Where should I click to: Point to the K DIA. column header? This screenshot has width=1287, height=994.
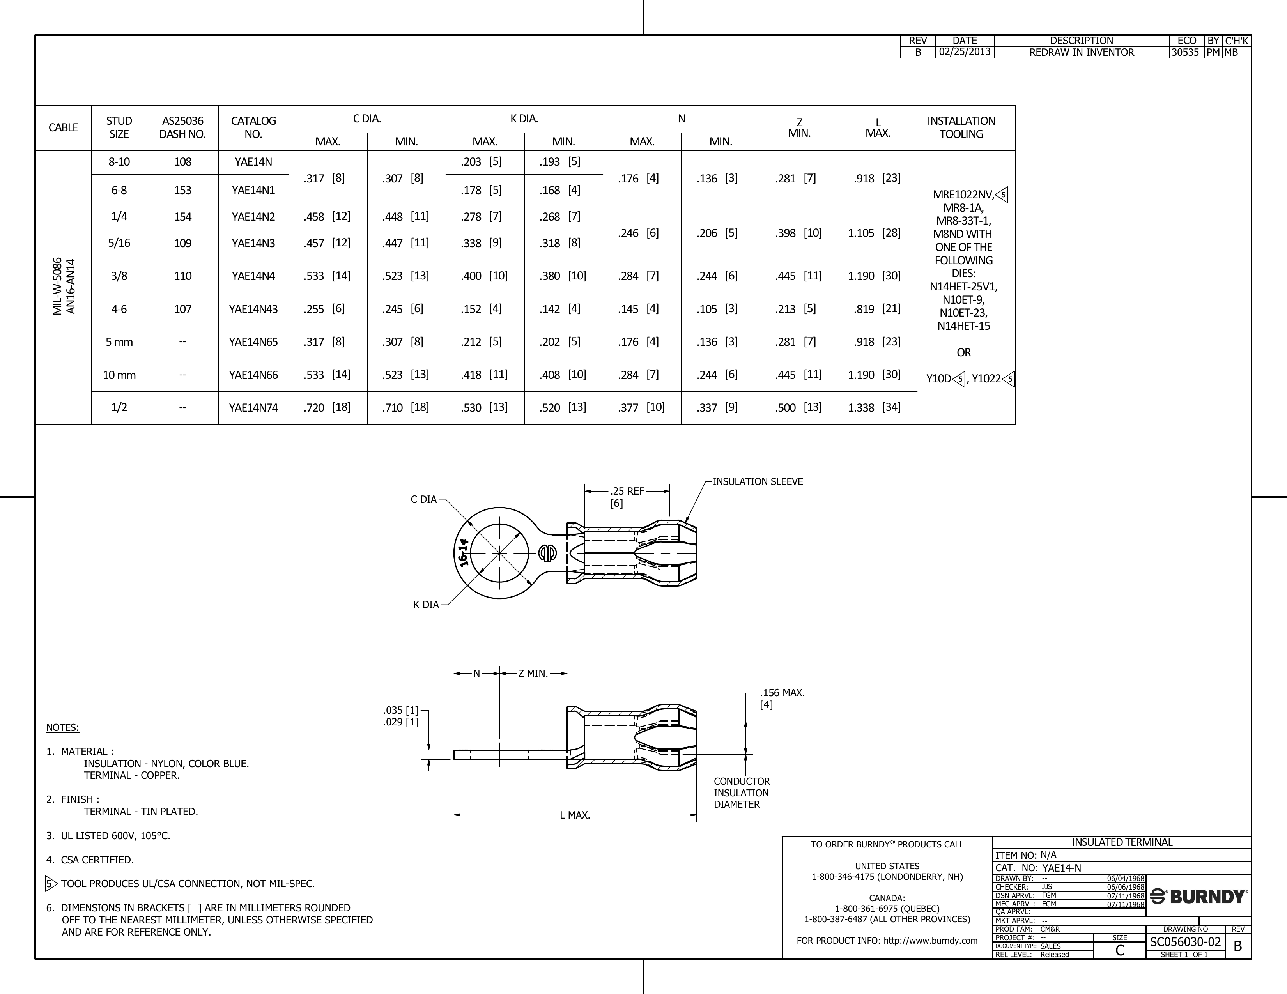point(524,119)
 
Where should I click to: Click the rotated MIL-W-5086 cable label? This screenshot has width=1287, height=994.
point(58,287)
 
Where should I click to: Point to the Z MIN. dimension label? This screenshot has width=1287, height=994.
point(533,674)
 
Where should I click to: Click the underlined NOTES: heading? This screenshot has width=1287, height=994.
point(62,728)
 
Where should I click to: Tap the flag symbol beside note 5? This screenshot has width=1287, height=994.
point(51,884)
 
